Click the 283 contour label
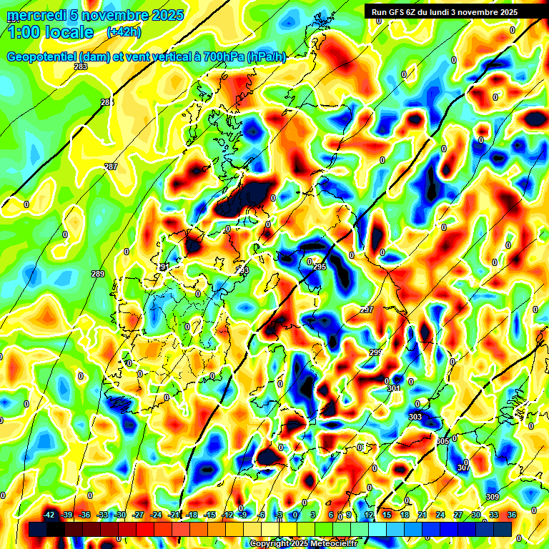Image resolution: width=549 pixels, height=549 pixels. click(81, 66)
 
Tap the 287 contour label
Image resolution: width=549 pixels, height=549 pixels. click(111, 167)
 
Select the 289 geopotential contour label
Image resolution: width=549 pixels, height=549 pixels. click(98, 274)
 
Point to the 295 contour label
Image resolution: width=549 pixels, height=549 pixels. click(320, 267)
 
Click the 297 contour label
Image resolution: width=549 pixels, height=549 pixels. click(367, 310)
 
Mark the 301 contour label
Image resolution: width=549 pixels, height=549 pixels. click(394, 388)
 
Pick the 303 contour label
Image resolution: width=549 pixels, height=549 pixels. click(415, 417)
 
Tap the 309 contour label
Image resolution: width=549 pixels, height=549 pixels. click(492, 497)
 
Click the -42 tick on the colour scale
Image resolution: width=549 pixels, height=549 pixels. click(49, 514)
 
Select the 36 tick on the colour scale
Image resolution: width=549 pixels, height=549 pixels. click(511, 514)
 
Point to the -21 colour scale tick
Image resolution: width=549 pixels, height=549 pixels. click(174, 514)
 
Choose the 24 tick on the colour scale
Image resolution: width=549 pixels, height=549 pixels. click(440, 514)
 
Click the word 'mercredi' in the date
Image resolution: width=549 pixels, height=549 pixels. click(34, 15)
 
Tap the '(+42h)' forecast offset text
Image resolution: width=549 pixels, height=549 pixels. click(123, 32)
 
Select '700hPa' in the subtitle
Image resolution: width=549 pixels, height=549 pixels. click(222, 57)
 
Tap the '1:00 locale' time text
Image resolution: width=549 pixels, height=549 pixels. click(51, 32)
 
